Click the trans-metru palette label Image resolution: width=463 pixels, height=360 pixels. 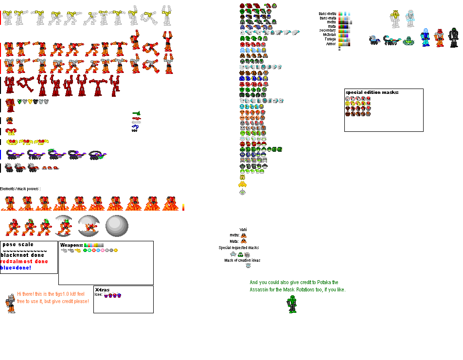pos(327,14)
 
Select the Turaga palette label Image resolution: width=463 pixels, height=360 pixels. pos(330,39)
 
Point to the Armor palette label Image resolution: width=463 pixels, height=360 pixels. pos(331,44)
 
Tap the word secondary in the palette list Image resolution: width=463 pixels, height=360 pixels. pos(327,31)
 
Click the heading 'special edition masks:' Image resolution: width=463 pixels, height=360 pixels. pos(372,92)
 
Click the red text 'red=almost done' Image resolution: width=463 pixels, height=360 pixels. pos(24,261)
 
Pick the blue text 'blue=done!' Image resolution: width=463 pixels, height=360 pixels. pos(16,268)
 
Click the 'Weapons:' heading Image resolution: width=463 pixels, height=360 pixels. pos(71,245)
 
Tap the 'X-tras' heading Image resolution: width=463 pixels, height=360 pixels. pos(102,290)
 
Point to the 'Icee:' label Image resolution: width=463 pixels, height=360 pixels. pos(98,295)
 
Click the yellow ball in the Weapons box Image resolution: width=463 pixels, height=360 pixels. pos(116,250)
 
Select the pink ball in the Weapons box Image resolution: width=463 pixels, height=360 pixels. pos(103,250)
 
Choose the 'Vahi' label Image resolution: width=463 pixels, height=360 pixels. pos(243,230)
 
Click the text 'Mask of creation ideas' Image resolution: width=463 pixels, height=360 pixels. pos(242,260)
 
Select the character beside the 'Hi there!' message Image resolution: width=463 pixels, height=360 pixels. pos(10,303)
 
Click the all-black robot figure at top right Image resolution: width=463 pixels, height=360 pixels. pos(453,37)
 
